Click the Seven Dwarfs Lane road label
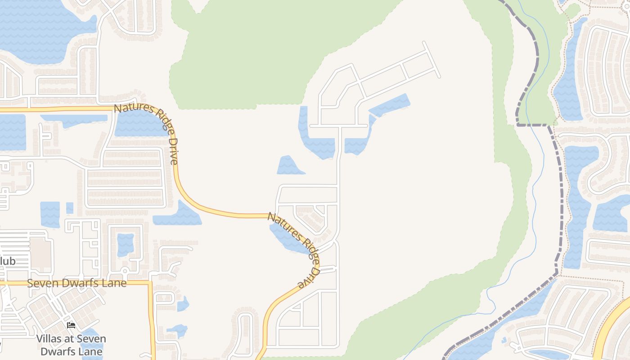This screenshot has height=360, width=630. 76,283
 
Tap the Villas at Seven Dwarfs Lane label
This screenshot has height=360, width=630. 71,345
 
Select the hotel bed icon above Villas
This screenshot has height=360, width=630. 71,325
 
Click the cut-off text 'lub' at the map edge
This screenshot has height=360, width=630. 8,261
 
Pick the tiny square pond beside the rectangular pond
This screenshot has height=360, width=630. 70,208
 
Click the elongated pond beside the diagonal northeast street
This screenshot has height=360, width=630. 390,104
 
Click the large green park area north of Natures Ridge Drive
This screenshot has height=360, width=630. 252,54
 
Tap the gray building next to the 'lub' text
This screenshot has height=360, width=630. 40,255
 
